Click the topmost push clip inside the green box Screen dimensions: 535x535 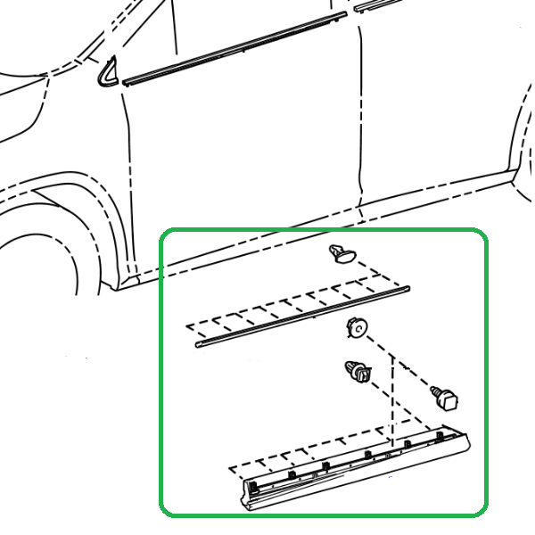point(341,254)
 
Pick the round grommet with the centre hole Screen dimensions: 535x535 point(357,329)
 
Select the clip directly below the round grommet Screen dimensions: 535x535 point(358,373)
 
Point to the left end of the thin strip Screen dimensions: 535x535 point(201,342)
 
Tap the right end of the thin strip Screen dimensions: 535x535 point(407,289)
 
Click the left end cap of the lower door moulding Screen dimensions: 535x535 point(250,494)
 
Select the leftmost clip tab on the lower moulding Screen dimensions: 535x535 point(254,484)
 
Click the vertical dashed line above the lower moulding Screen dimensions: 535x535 point(391,401)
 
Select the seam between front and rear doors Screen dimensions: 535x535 point(360,116)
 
